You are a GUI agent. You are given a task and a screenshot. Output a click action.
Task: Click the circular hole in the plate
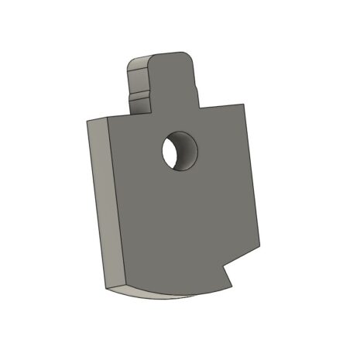[x=180, y=151]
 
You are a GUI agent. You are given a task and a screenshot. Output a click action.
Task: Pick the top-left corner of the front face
[x=108, y=121]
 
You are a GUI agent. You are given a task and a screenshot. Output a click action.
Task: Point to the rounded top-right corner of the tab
[x=190, y=57]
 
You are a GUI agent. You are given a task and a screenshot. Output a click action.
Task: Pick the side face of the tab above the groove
[x=136, y=77]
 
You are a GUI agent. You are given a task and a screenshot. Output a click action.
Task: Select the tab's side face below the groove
[x=138, y=105]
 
